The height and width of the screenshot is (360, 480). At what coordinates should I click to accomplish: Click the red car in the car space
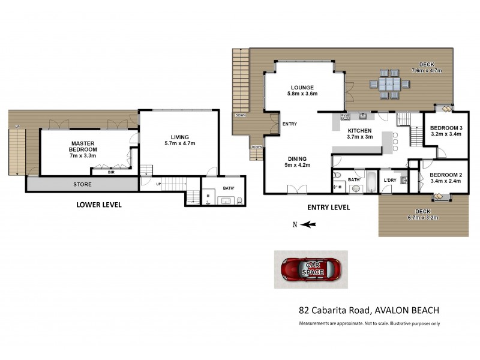pyautogui.click(x=311, y=269)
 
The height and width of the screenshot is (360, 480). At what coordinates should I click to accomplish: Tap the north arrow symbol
pyautogui.click(x=308, y=224)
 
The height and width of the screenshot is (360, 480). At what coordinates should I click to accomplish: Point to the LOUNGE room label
pyautogui.click(x=302, y=91)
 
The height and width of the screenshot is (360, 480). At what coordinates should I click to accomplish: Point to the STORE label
pyautogui.click(x=82, y=184)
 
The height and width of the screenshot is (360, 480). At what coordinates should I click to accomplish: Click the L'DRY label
pyautogui.click(x=389, y=179)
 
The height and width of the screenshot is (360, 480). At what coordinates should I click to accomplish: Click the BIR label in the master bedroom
pyautogui.click(x=111, y=172)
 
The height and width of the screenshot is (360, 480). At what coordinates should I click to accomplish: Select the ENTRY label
pyautogui.click(x=289, y=124)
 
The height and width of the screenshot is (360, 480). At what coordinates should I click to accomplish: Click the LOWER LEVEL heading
pyautogui.click(x=99, y=205)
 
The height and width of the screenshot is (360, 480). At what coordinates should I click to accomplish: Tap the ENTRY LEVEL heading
pyautogui.click(x=328, y=207)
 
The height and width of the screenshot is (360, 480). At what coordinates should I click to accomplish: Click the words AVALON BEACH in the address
pyautogui.click(x=408, y=310)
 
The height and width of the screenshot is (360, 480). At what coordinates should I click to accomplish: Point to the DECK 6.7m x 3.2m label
pyautogui.click(x=422, y=215)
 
